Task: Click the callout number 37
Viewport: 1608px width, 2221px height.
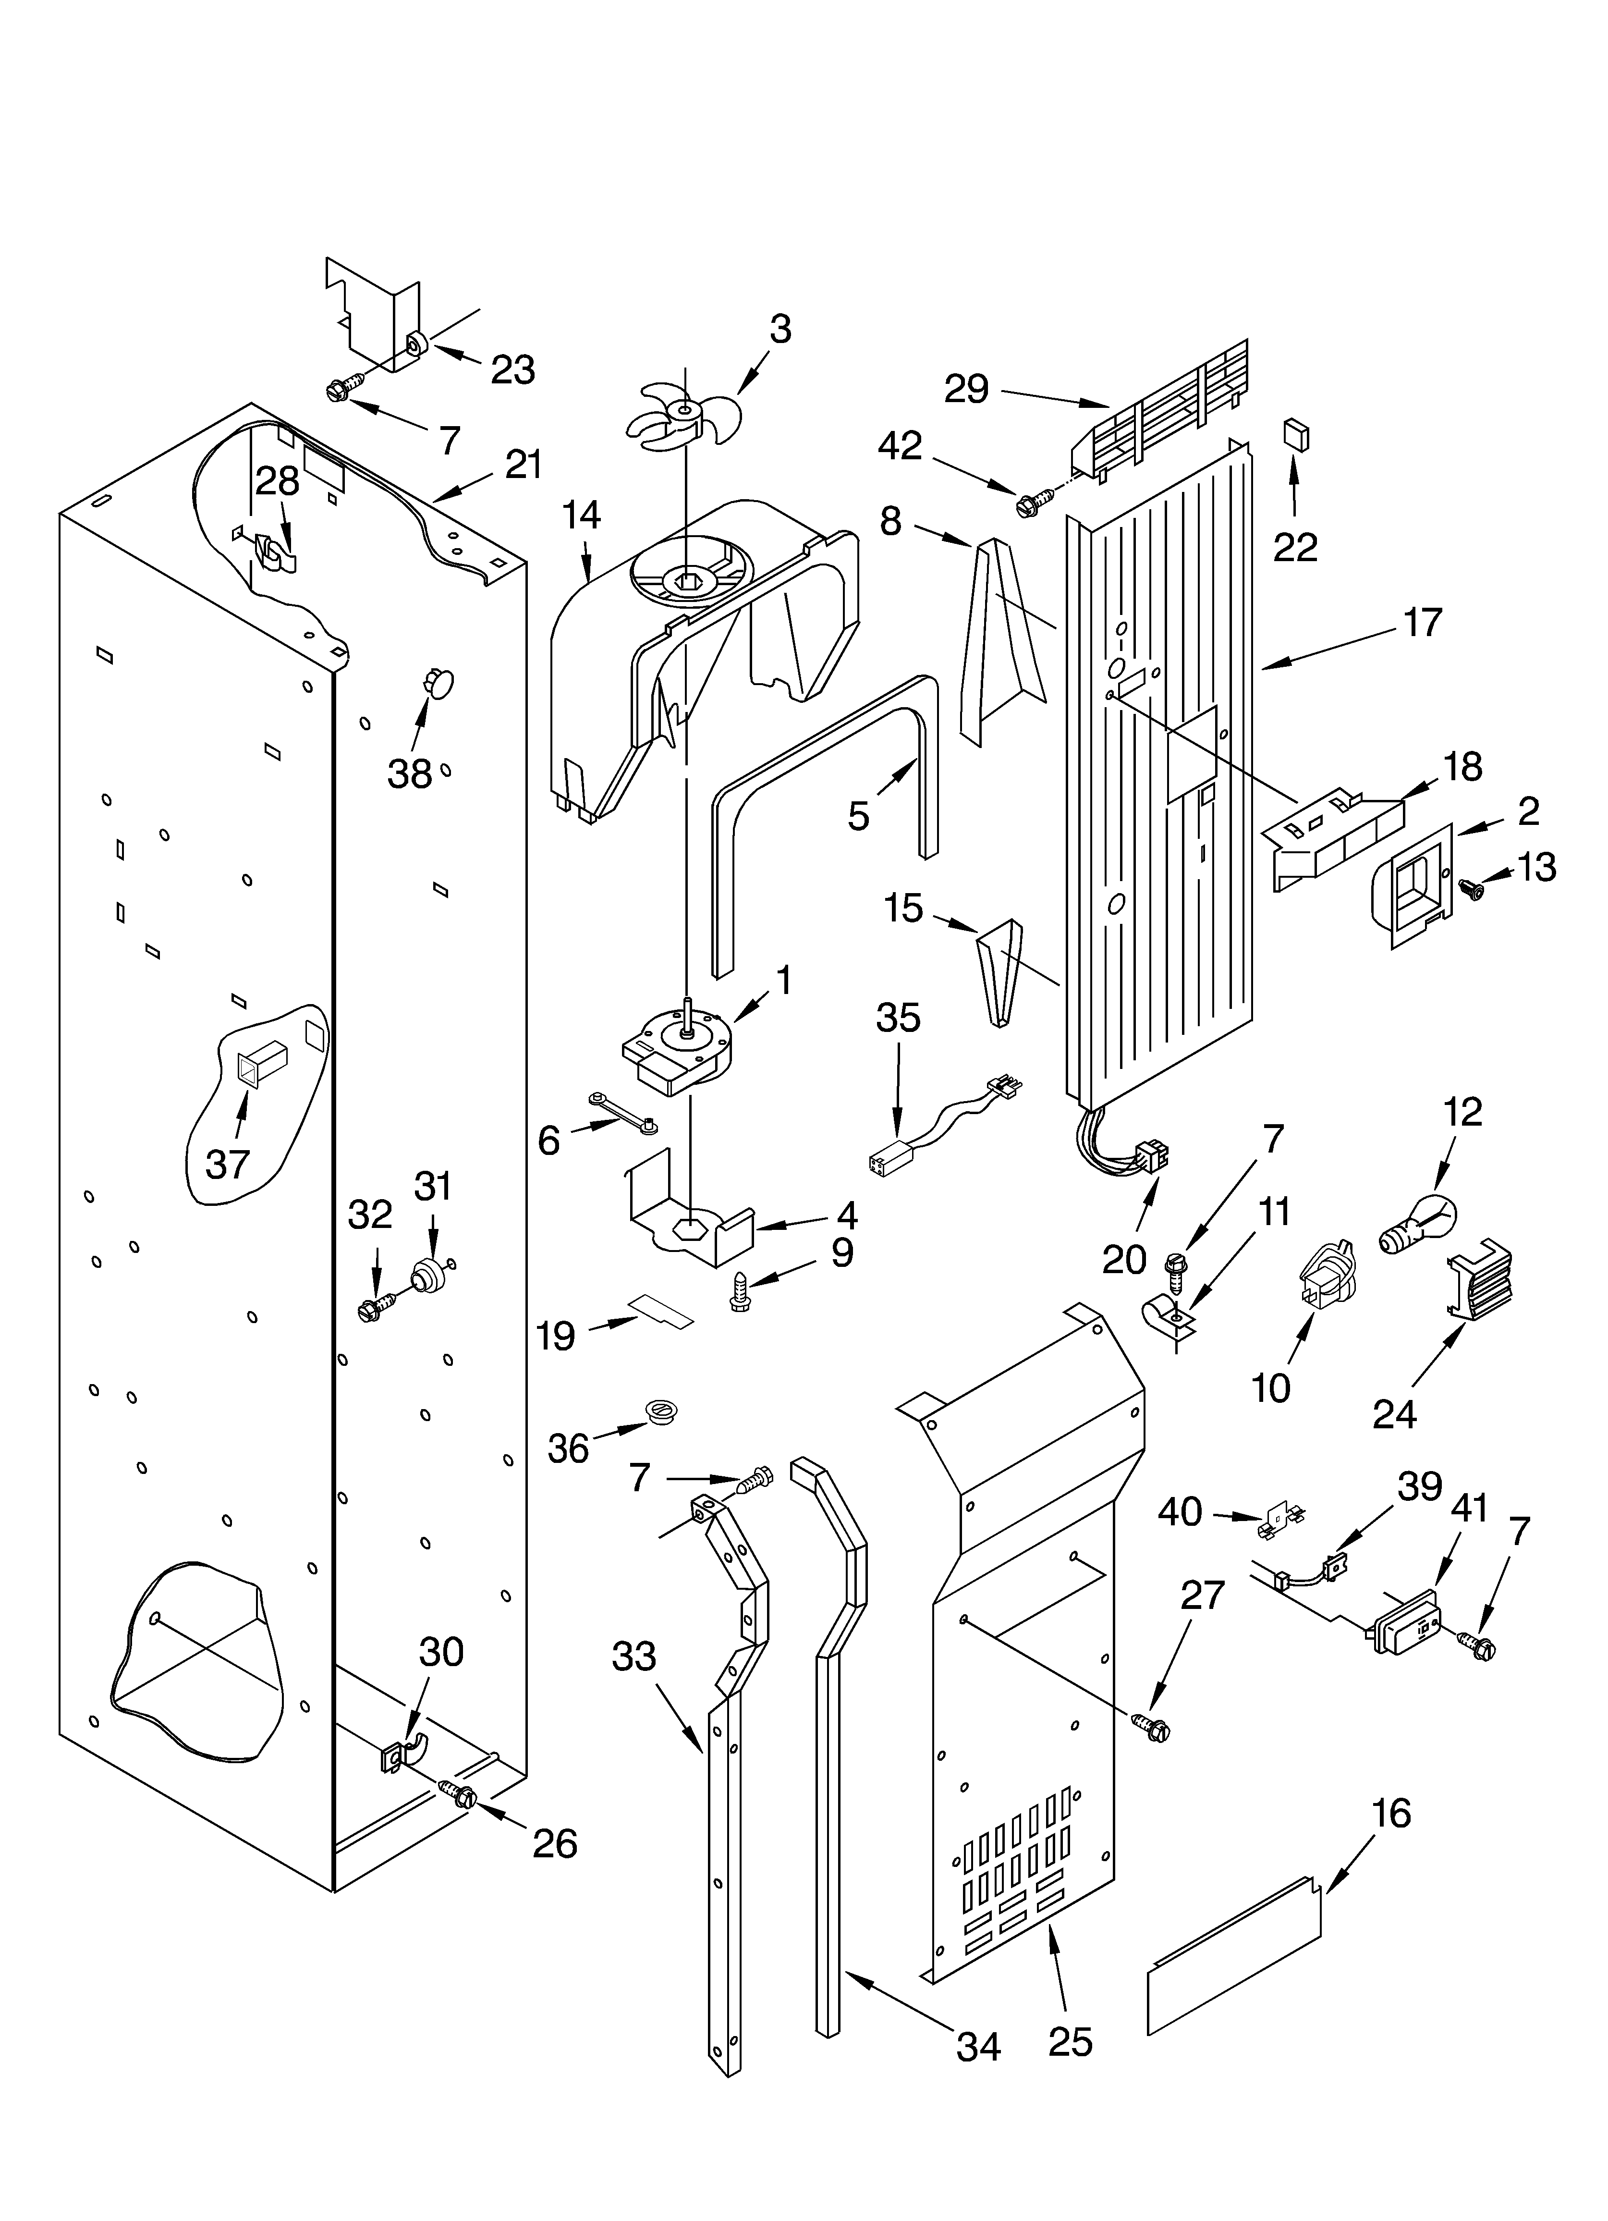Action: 228,1165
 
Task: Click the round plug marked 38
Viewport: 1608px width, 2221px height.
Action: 439,682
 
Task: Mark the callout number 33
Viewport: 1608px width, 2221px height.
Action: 633,1657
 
